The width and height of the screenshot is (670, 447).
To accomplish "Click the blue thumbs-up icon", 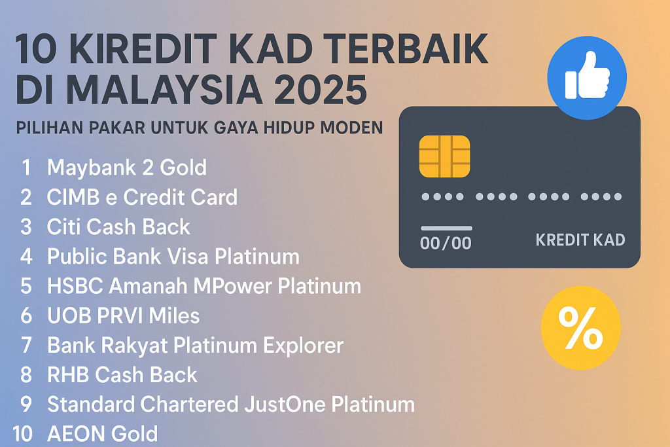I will click(x=587, y=79).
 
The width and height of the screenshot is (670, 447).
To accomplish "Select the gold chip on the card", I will click(x=444, y=156).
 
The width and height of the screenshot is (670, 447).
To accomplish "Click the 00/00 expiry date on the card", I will click(x=446, y=242).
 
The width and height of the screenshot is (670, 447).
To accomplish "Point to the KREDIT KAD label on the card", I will click(x=580, y=240).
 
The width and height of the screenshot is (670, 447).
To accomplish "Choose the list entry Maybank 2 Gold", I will click(x=126, y=168).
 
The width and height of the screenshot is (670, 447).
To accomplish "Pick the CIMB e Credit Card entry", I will click(x=142, y=197).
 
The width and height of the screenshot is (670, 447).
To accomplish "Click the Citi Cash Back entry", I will click(x=118, y=226).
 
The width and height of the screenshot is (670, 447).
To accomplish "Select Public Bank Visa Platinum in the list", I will click(x=173, y=256).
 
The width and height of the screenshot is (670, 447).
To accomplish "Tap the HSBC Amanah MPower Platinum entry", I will click(x=203, y=286).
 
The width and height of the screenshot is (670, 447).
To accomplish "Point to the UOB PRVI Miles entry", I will click(x=123, y=315).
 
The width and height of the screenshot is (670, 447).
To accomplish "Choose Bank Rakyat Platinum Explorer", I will click(x=195, y=345).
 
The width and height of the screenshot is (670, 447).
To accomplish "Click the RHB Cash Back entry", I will click(x=122, y=374).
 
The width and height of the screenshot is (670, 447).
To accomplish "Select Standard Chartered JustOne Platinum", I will click(x=230, y=404).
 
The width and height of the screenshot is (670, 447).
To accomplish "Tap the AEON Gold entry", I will click(x=102, y=433).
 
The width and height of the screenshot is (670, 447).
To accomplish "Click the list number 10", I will click(x=22, y=433).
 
